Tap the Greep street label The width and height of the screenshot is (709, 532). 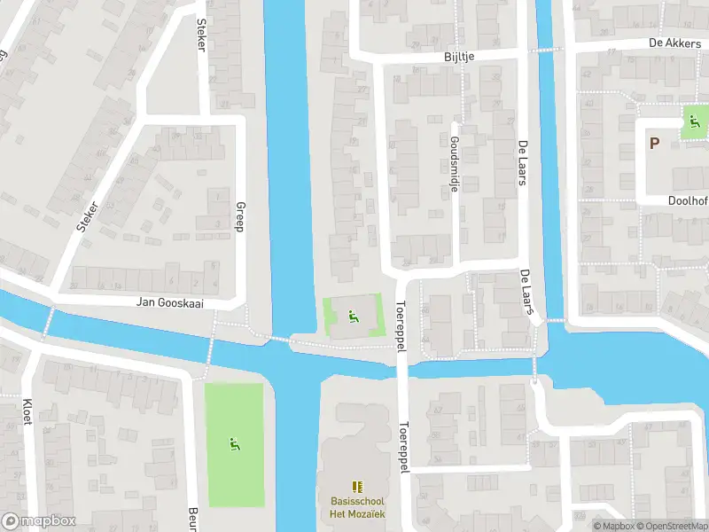239,217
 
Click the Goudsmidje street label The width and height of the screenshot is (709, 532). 454,158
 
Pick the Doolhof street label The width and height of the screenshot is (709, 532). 688,200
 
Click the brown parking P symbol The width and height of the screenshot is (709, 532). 655,144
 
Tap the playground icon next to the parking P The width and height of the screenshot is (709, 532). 694,123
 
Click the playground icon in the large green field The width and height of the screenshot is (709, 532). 235,443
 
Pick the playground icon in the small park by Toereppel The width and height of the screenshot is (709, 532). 354,314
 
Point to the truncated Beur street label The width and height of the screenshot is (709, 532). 192,518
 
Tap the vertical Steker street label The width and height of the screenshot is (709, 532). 200,35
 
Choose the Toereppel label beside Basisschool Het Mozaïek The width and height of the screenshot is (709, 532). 404,448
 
